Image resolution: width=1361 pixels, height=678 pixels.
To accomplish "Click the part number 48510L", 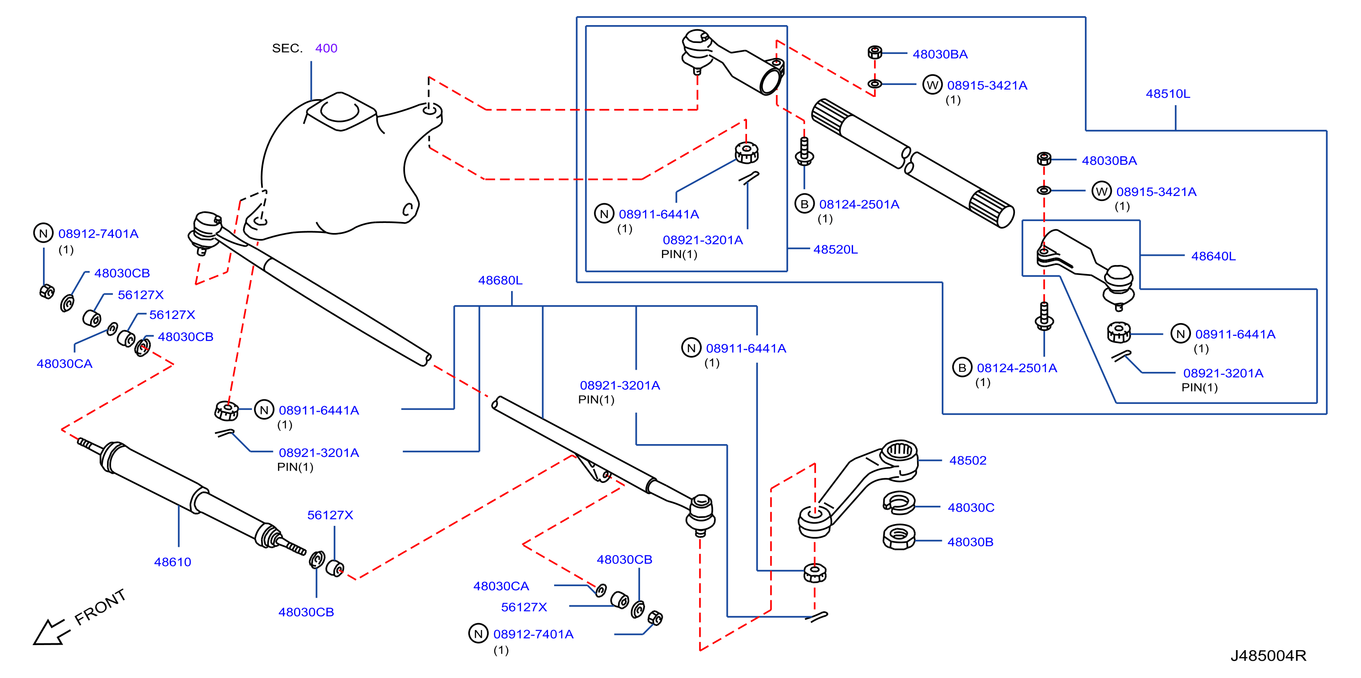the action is [1168, 94].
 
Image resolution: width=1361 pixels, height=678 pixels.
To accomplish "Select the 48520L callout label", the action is [835, 249].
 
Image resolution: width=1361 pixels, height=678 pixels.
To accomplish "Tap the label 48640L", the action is [1213, 256].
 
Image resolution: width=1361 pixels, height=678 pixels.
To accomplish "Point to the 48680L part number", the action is [500, 281].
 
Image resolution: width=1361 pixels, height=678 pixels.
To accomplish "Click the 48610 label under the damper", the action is [172, 562].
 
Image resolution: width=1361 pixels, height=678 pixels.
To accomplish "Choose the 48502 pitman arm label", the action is [967, 461].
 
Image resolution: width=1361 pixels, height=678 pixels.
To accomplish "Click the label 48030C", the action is [971, 508].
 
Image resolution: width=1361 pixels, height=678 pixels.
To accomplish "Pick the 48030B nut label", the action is [970, 542].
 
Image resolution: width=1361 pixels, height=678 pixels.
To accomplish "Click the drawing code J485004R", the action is [1268, 655].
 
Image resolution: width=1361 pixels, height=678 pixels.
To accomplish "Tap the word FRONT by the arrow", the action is [100, 607].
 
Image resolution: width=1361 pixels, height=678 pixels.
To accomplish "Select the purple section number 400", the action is [326, 48].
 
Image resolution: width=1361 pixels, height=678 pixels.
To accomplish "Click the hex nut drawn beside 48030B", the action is [898, 537].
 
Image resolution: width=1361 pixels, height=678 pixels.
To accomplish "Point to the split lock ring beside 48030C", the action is [898, 503].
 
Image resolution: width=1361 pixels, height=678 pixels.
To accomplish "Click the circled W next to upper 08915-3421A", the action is [932, 85].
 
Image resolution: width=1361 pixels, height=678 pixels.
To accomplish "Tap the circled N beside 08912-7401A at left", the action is [43, 233].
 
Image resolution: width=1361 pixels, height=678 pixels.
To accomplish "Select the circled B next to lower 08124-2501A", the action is [962, 367].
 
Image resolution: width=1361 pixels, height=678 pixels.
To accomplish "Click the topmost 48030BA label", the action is [940, 54].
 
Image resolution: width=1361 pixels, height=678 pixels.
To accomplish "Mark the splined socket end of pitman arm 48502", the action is [899, 452].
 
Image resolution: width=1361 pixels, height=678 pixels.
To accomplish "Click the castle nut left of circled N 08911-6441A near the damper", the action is [227, 411].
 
